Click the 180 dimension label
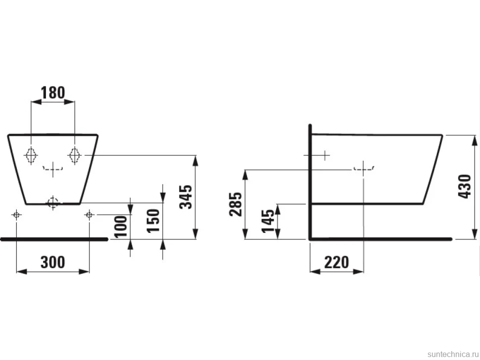coord(53,92)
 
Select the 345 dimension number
coord(186,197)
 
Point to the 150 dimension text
coord(153,221)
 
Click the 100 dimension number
coord(121,226)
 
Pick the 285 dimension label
coord(236,204)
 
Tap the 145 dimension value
coord(268,221)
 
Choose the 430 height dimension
coord(464,186)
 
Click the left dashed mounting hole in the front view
coord(31,155)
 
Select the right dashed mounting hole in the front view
coord(75,155)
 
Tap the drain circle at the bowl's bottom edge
coord(53,202)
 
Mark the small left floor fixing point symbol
coord(16,215)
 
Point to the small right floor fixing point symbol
coord(89,215)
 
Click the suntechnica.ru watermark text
coord(453,354)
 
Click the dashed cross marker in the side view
coord(363,169)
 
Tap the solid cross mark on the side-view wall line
coord(325,155)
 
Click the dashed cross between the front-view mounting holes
coord(53,169)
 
